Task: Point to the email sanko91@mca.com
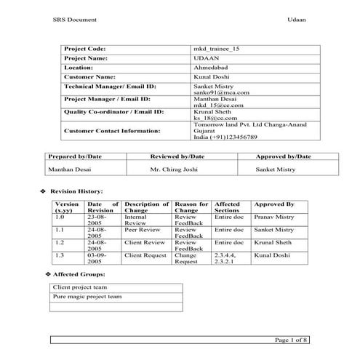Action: click(221, 93)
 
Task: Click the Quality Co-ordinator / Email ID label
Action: click(113, 113)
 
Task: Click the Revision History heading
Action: click(76, 191)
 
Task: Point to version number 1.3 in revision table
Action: click(60, 256)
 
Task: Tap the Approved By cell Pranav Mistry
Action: click(274, 217)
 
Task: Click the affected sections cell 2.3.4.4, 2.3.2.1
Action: click(228, 259)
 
